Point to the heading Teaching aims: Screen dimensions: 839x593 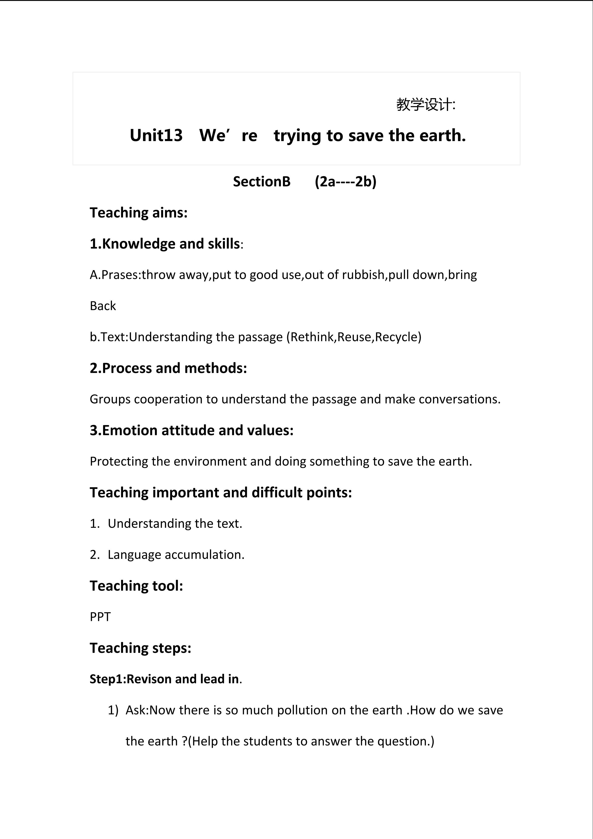tap(139, 213)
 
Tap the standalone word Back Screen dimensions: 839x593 tap(103, 306)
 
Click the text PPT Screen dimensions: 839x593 tap(100, 617)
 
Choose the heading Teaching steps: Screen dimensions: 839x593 tap(140, 648)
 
